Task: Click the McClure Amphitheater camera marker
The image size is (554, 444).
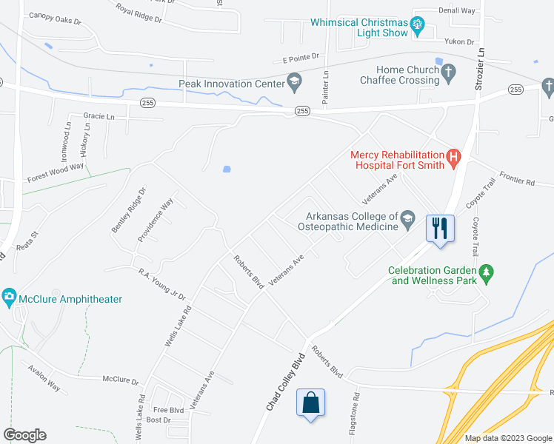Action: click(x=10, y=299)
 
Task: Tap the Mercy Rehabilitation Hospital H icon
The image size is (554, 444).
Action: click(x=454, y=156)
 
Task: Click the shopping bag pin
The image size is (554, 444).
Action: click(x=310, y=403)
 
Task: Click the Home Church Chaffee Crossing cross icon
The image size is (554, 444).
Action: click(x=447, y=73)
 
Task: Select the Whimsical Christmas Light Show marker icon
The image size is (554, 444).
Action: click(x=418, y=28)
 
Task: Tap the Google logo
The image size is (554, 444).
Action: click(x=24, y=435)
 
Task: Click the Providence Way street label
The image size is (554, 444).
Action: click(x=155, y=221)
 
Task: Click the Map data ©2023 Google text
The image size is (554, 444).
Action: click(x=509, y=438)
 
